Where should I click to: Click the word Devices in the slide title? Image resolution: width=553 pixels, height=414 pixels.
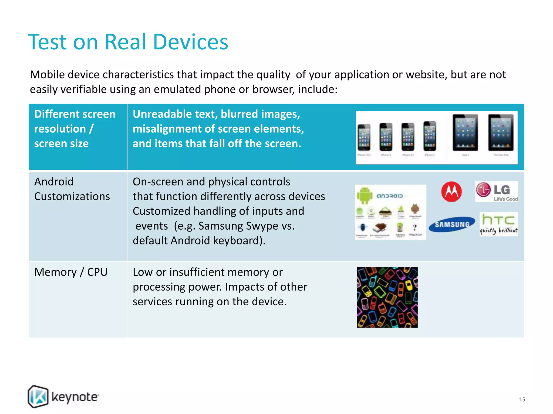pos(190,42)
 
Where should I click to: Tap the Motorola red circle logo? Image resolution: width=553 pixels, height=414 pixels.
pos(451,192)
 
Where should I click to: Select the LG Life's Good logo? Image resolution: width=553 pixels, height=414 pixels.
pos(496,192)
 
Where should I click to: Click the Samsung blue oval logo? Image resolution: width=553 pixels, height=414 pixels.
pos(452,224)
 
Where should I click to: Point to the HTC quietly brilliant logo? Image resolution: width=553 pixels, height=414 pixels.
pos(498,224)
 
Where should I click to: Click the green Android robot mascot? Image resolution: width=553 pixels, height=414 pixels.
pos(364,195)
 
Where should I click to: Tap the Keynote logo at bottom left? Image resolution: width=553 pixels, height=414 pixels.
pos(63,397)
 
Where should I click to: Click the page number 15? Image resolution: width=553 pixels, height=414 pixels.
pos(522,399)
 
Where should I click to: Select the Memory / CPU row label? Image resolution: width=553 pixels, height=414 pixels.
pos(71,272)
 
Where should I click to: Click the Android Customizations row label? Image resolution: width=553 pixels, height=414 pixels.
pos(72,189)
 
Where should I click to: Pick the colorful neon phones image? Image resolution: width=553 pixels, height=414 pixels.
pos(387,297)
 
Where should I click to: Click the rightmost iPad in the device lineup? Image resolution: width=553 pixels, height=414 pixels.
pos(501,133)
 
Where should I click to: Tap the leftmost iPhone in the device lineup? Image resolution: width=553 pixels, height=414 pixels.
pos(364,137)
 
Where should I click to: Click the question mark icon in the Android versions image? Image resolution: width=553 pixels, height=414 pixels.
pos(414,227)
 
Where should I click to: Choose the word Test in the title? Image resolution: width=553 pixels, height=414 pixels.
pos(48,42)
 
